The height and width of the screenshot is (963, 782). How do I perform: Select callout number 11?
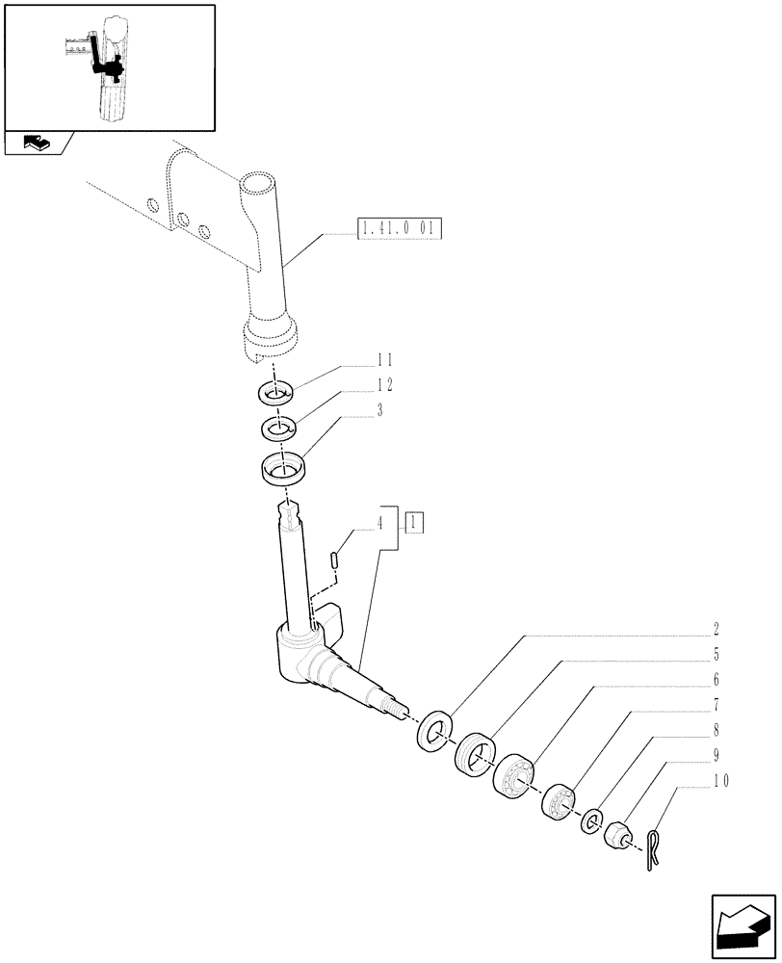pos(384,359)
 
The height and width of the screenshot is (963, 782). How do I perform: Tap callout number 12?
pos(384,384)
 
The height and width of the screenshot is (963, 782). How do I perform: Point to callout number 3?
pos(381,409)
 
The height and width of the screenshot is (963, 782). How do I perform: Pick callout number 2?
pos(717,631)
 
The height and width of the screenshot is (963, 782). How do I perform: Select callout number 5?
pos(717,656)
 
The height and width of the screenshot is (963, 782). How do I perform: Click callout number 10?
pos(717,781)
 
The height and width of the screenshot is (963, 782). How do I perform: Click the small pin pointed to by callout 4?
pos(333,559)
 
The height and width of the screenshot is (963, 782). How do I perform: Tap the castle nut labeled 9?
pos(616,833)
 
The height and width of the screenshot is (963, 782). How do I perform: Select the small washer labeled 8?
pos(591,821)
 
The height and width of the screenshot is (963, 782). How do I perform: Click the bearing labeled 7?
pos(558,800)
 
